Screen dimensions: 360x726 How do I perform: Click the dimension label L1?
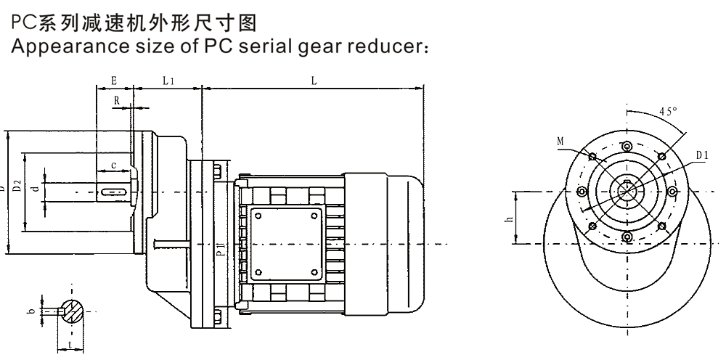168,81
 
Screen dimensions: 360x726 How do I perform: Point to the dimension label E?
113,81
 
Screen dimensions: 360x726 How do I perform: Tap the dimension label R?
116,99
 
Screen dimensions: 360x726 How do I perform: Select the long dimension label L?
313,81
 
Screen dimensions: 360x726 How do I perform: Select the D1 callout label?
701,155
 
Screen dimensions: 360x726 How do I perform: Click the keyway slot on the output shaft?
114,192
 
